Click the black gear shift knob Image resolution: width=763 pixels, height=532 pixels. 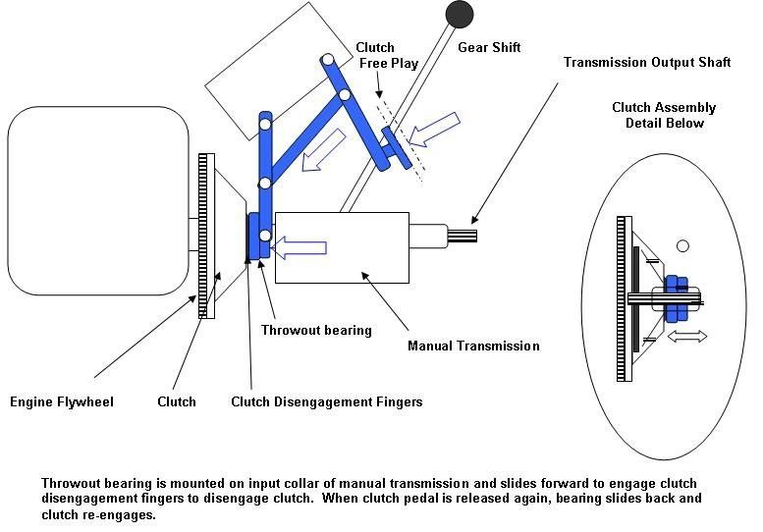tap(459, 14)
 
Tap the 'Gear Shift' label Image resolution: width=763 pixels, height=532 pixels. tap(489, 47)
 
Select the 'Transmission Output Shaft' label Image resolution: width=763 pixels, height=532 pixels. tap(647, 62)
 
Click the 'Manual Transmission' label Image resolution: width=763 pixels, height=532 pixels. tap(473, 346)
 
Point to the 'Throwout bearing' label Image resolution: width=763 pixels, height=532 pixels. tap(316, 330)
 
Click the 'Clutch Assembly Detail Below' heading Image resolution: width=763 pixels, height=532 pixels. tap(664, 115)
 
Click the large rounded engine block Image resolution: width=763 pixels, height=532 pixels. tap(97, 200)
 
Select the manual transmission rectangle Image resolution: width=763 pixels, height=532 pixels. tap(343, 246)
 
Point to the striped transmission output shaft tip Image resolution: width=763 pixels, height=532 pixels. tap(463, 237)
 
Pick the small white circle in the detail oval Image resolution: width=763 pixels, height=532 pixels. tap(683, 245)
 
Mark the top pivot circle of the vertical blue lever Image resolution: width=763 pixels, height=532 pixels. tap(265, 125)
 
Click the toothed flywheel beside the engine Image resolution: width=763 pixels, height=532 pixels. tap(206, 236)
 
